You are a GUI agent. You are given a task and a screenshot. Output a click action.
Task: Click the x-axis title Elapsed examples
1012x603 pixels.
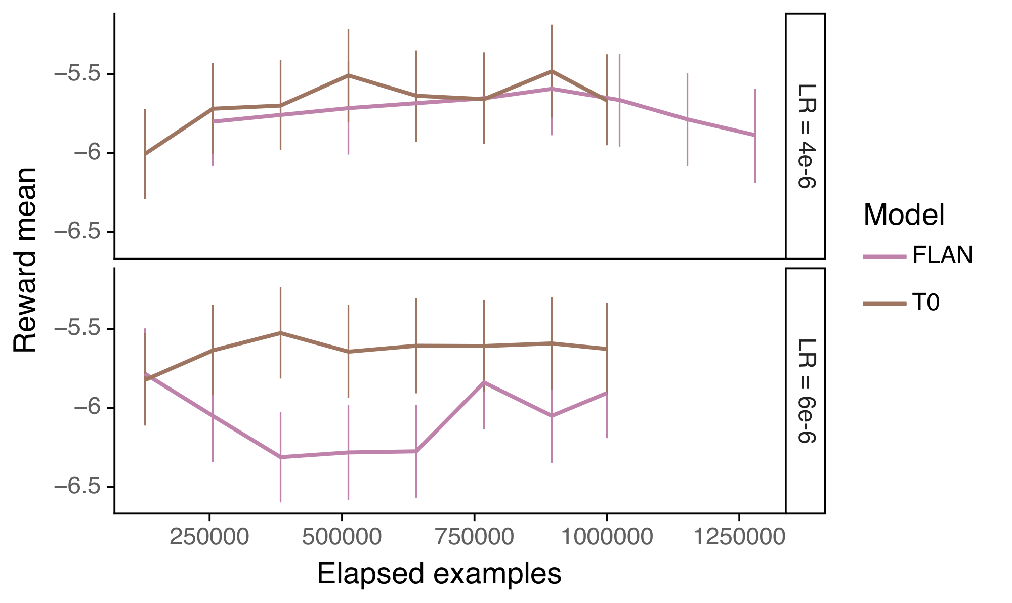[439, 574]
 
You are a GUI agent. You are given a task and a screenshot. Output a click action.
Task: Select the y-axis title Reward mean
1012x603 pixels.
[25, 261]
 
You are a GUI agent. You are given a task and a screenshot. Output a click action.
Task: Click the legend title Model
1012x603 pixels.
[904, 215]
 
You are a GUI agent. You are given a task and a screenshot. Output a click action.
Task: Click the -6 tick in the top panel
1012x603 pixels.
[86, 153]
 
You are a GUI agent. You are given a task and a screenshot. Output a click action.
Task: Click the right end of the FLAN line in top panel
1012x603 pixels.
[755, 135]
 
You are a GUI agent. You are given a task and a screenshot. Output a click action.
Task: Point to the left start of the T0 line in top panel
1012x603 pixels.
[145, 154]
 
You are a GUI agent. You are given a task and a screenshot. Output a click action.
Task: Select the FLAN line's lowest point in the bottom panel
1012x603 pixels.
[280, 457]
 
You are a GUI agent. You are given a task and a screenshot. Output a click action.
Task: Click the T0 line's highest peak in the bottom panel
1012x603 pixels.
[280, 333]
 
